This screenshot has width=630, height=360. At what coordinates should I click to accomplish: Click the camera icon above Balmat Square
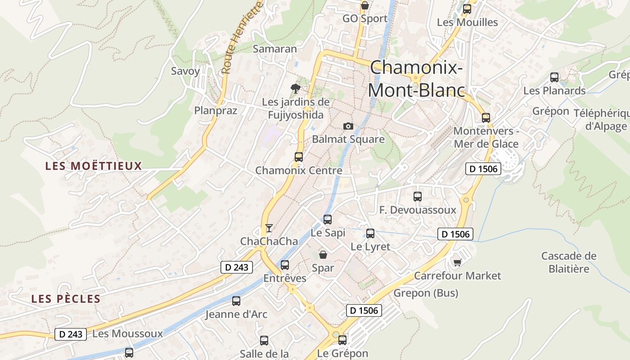tap(348, 126)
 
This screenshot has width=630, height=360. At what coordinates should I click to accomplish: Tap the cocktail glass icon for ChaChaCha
tap(269, 228)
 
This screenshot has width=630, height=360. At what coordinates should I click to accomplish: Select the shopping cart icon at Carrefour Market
tap(457, 262)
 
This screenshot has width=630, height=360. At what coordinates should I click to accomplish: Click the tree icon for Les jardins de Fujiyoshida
tap(295, 88)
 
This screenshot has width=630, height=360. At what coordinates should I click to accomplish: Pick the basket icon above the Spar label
tap(323, 255)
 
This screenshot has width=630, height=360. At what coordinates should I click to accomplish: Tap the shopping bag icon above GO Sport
tap(365, 5)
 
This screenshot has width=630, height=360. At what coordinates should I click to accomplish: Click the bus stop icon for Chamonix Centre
tap(299, 157)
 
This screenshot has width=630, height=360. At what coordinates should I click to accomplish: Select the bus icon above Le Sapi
tap(328, 220)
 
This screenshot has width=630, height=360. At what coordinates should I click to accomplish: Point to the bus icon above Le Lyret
tap(370, 234)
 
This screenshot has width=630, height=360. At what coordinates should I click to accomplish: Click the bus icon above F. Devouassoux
tap(418, 197)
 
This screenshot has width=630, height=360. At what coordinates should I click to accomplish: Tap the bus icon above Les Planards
tap(554, 77)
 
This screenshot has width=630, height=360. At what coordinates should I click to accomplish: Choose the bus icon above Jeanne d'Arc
tap(236, 301)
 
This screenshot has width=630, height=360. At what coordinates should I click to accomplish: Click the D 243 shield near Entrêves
tap(237, 267)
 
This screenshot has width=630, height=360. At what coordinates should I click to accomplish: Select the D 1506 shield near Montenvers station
tap(483, 169)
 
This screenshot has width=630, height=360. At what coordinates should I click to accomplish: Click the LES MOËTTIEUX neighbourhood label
tap(94, 166)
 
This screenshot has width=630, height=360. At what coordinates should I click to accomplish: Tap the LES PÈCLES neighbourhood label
tap(66, 299)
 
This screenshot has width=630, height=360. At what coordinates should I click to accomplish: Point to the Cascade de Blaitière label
tap(569, 262)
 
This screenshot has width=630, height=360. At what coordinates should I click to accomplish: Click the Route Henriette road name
tap(242, 38)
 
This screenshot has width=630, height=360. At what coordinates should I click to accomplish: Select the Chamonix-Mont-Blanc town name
tap(416, 79)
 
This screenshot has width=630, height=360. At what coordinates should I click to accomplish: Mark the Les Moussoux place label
tap(127, 334)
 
